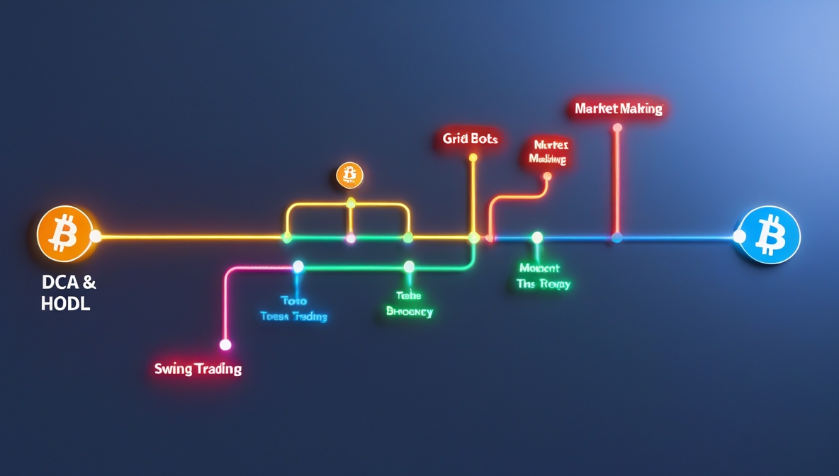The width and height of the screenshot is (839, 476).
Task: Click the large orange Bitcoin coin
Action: pyautogui.click(x=64, y=234)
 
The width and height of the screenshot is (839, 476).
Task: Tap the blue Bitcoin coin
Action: pyautogui.click(x=770, y=235)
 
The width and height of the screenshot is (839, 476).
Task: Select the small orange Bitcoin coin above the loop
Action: pyautogui.click(x=349, y=175)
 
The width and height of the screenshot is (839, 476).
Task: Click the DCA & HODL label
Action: pyautogui.click(x=69, y=293)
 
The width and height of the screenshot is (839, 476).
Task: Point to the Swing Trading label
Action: pyautogui.click(x=198, y=369)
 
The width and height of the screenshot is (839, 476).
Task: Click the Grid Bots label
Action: pyautogui.click(x=471, y=139)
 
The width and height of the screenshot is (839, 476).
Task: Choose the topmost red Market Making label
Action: pyautogui.click(x=619, y=108)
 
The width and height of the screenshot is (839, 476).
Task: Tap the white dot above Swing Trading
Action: pyautogui.click(x=225, y=345)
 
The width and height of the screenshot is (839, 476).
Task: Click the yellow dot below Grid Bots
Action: pyautogui.click(x=473, y=157)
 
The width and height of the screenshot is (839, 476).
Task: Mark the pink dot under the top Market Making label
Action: pyautogui.click(x=617, y=127)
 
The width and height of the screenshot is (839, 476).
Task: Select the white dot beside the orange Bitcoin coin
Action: pyautogui.click(x=96, y=237)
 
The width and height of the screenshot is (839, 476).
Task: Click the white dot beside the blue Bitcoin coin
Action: pyautogui.click(x=739, y=237)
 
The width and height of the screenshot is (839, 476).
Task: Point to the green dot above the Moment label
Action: pyautogui.click(x=537, y=237)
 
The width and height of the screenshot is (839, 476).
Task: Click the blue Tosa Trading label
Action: pyautogui.click(x=293, y=310)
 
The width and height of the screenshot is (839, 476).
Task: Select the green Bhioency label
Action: pyautogui.click(x=409, y=305)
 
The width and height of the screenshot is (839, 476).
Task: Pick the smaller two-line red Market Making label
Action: pyautogui.click(x=548, y=152)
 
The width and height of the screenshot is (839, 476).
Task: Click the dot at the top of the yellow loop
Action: pyautogui.click(x=351, y=203)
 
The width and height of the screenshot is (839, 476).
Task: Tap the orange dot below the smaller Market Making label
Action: pyautogui.click(x=546, y=177)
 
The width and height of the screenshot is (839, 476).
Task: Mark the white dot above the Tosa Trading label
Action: pyautogui.click(x=298, y=266)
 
